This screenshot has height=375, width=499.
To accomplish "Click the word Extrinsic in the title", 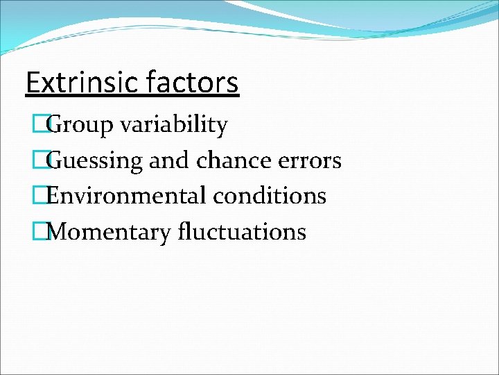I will pos(82,83).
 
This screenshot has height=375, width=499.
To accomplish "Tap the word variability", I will pos(173,126).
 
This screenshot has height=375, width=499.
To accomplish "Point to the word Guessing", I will pos(97,161).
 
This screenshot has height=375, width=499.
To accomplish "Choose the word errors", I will pos(310,161).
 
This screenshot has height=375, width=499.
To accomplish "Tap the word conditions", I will pos(270,196).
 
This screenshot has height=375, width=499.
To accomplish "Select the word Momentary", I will pos(110,231).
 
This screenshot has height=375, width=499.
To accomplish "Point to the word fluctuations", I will pos(240,231).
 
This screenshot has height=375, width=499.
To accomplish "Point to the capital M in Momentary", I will pos(61,231).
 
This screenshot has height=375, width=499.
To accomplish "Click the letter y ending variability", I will pos(222,128).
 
